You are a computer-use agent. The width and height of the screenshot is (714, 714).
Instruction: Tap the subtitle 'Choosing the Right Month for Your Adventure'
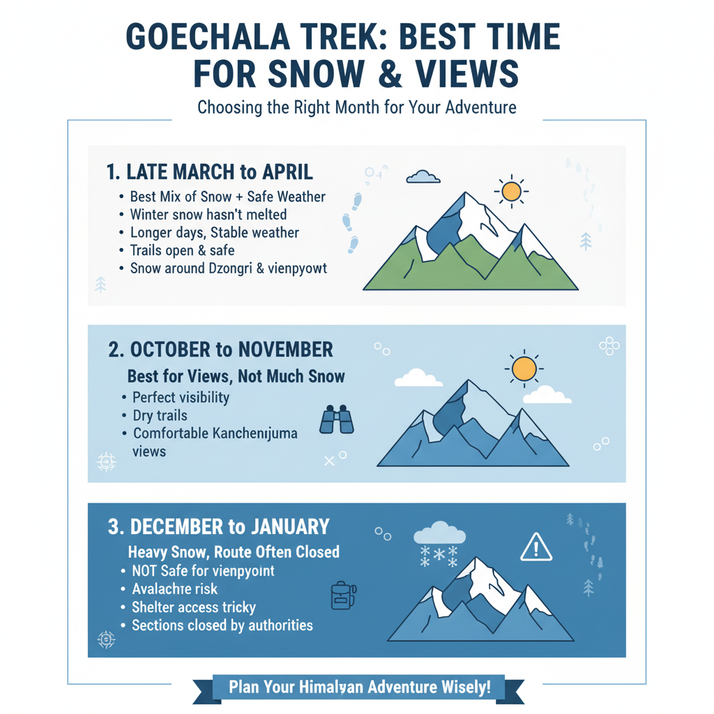(356, 108)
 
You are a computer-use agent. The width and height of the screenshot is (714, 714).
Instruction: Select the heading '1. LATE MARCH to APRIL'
(210, 172)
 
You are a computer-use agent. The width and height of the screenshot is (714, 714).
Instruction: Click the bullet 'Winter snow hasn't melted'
(208, 215)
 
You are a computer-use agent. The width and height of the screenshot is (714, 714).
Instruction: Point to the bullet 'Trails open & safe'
(182, 250)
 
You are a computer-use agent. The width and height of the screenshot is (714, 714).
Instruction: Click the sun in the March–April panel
(511, 190)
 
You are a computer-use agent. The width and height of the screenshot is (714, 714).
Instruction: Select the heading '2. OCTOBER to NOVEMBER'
(221, 349)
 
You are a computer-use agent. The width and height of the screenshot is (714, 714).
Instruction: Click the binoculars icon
(337, 420)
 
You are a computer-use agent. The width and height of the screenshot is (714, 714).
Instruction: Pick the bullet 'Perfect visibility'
(181, 398)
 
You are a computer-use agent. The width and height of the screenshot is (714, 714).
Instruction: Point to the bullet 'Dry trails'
(160, 416)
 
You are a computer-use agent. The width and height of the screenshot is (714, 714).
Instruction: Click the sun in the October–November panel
(523, 367)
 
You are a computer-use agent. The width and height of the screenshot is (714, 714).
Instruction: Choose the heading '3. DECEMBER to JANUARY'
(219, 526)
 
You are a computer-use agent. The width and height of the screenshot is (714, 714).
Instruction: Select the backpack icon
(342, 596)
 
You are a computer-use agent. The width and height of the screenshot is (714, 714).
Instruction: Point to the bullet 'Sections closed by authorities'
(222, 625)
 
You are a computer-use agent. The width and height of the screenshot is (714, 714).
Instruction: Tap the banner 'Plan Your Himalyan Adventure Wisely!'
(359, 687)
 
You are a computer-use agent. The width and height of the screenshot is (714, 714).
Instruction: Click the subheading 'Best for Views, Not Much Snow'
(236, 377)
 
